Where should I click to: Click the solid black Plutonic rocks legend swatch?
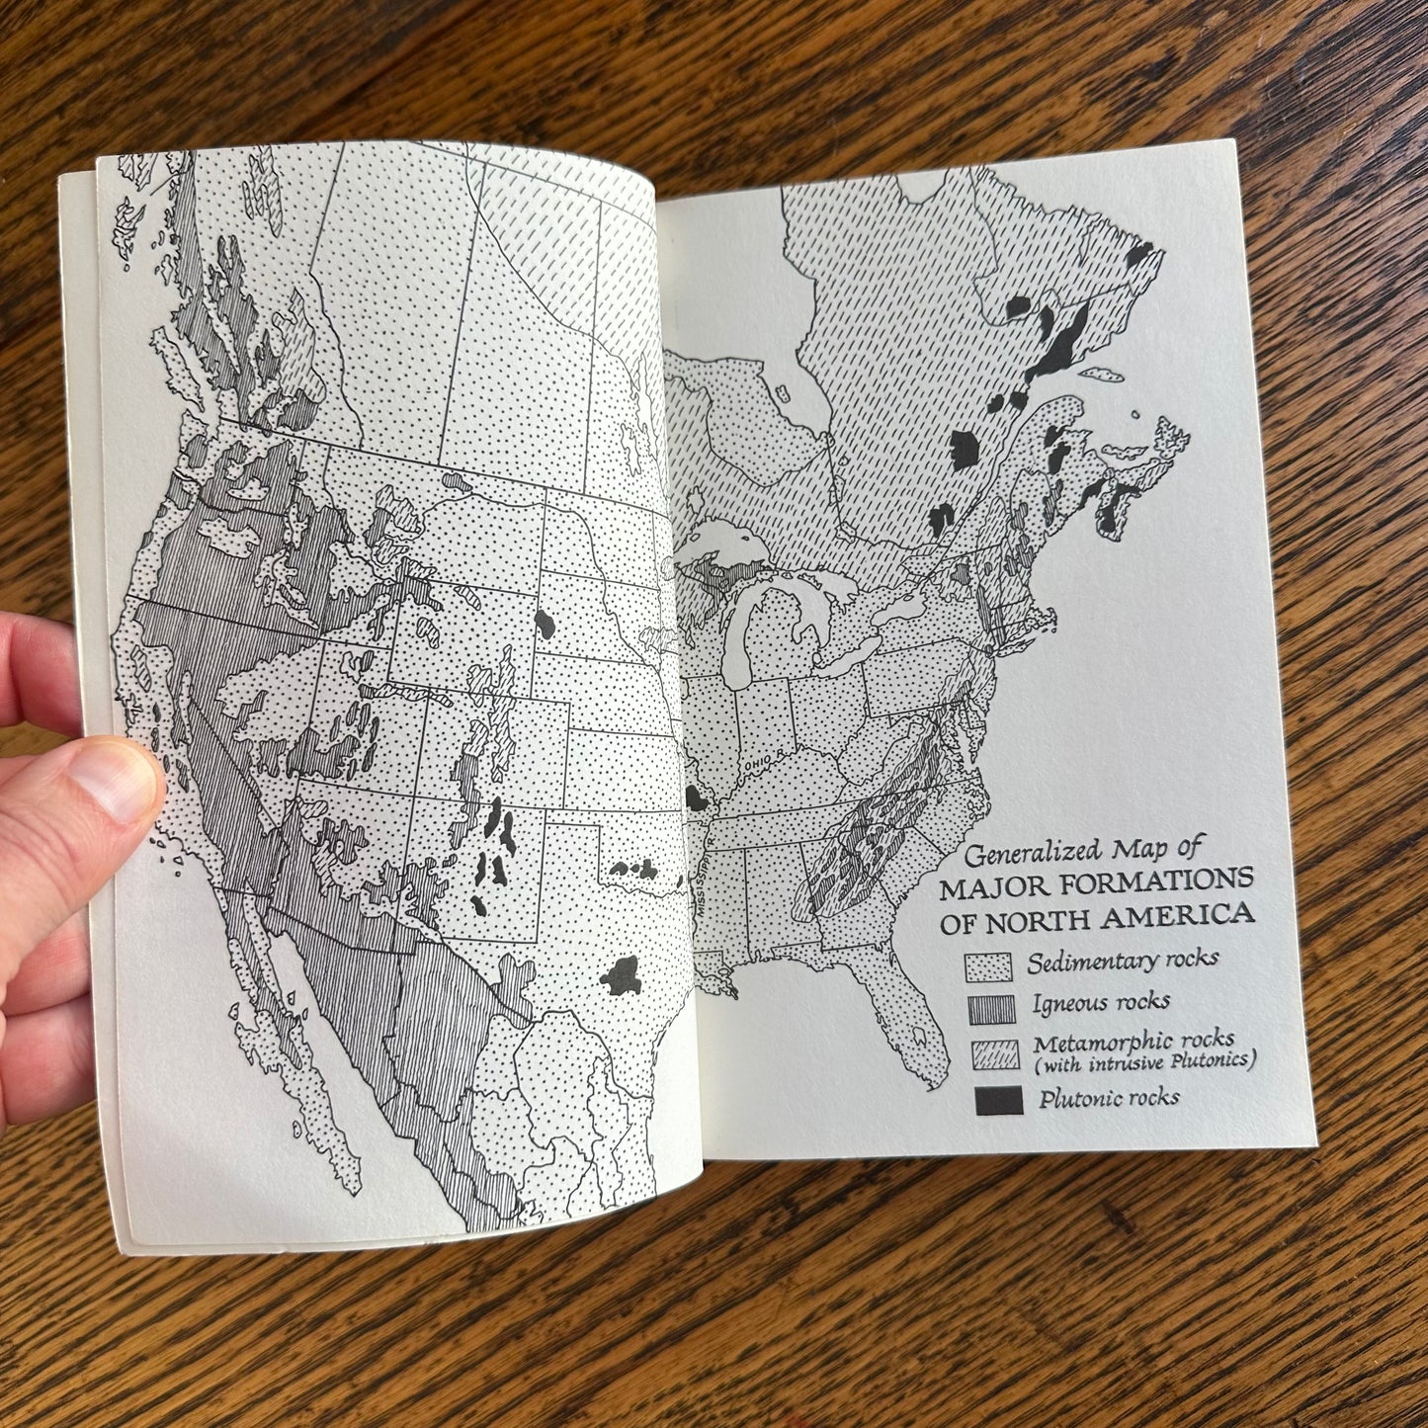click(996, 1101)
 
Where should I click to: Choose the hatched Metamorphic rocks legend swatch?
click(992, 1054)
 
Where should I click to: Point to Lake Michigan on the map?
click(743, 642)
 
